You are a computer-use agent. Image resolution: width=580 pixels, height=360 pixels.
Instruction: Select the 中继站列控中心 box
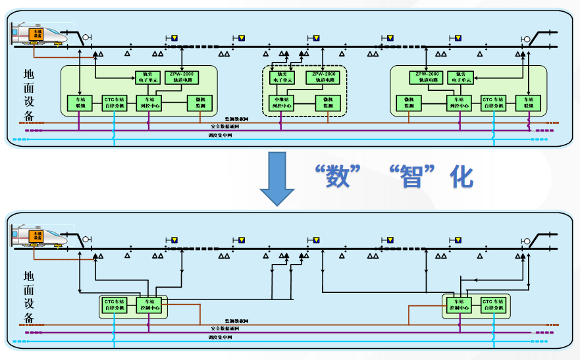coord(282,103)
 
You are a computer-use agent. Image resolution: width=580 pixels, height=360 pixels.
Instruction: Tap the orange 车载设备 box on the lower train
coord(37,235)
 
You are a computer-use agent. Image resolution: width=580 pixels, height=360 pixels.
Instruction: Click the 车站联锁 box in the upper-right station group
coord(527,103)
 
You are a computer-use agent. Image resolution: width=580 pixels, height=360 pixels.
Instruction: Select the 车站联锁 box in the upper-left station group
coord(79,103)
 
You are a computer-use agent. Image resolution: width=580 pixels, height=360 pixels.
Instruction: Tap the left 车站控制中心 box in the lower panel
coord(148,305)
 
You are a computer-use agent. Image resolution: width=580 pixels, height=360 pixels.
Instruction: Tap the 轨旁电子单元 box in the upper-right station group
coord(460,77)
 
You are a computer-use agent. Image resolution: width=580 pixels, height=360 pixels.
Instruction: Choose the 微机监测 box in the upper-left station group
coord(200,103)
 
